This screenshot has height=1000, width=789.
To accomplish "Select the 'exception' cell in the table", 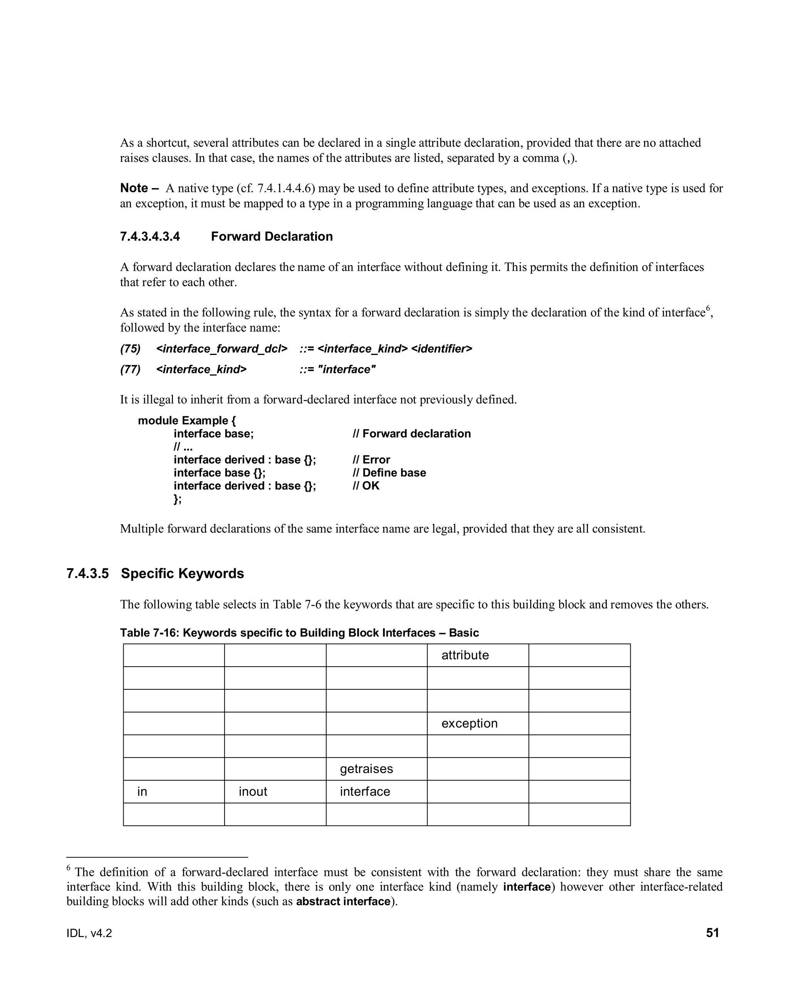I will tap(469, 724).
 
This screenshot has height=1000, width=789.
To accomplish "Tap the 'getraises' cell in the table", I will tap(366, 769).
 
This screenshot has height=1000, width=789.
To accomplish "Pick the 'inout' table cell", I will tap(253, 792).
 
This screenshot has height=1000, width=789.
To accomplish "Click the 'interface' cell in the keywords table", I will tap(365, 792).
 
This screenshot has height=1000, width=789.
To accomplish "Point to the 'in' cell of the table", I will tap(142, 792).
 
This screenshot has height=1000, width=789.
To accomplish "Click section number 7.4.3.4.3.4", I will tap(150, 237).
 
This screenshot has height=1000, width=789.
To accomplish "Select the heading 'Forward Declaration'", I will tap(272, 237).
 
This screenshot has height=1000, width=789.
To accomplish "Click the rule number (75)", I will tap(130, 349).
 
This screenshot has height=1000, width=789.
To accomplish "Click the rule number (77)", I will tap(130, 370).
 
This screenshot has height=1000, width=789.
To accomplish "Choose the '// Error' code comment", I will tap(371, 460).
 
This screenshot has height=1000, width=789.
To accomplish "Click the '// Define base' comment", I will tap(389, 473).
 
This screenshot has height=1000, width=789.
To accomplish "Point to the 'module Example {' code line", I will tap(187, 420).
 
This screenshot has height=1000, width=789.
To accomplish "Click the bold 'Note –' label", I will tap(139, 188).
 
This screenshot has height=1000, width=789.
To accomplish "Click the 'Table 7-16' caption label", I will tap(149, 633).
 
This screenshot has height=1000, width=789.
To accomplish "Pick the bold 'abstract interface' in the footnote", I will tap(343, 902).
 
